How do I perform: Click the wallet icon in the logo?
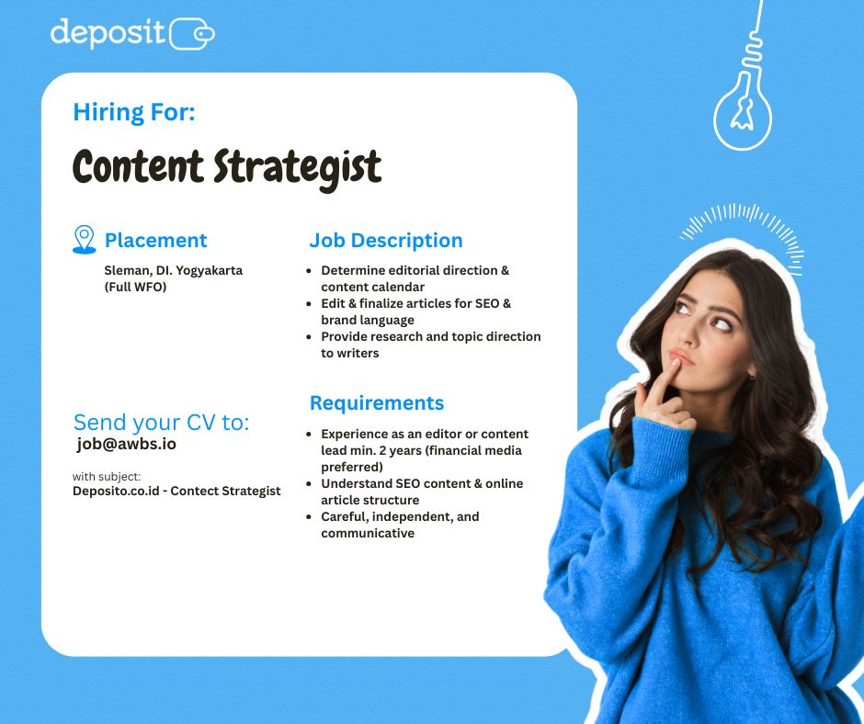pyautogui.click(x=192, y=34)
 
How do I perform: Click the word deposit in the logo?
pyautogui.click(x=108, y=33)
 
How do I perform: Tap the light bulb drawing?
pyautogui.click(x=743, y=110)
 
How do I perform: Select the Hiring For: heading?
pyautogui.click(x=134, y=112)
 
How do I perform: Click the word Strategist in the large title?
pyautogui.click(x=298, y=167)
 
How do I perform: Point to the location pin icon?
pyautogui.click(x=85, y=239)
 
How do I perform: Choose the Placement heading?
pyautogui.click(x=156, y=240)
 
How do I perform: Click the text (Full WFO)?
pyautogui.click(x=135, y=287)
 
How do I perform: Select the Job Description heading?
pyautogui.click(x=386, y=240)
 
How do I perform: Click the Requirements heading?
pyautogui.click(x=377, y=402)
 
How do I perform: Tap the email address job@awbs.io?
pyautogui.click(x=126, y=444)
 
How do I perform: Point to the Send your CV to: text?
pyautogui.click(x=162, y=423)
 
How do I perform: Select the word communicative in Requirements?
pyautogui.click(x=368, y=534)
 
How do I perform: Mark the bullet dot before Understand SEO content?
pyautogui.click(x=309, y=484)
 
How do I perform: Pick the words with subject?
pyautogui.click(x=107, y=477)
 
